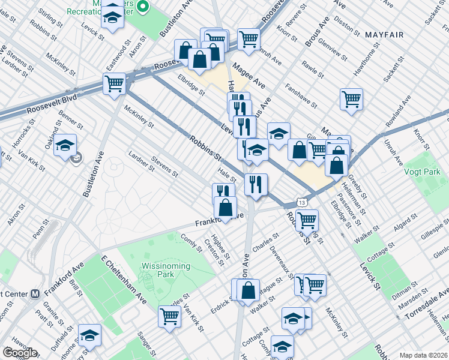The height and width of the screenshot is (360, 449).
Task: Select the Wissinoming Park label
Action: [166, 266]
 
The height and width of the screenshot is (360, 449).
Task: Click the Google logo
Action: [20, 353]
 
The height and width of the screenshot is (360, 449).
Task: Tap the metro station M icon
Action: [35, 294]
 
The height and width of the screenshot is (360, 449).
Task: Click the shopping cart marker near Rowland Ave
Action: [351, 99]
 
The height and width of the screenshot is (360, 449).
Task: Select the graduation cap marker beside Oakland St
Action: [65, 146]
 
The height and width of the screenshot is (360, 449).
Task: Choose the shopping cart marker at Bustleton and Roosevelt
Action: [114, 84]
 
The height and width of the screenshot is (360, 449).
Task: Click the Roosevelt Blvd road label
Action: [52, 104]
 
